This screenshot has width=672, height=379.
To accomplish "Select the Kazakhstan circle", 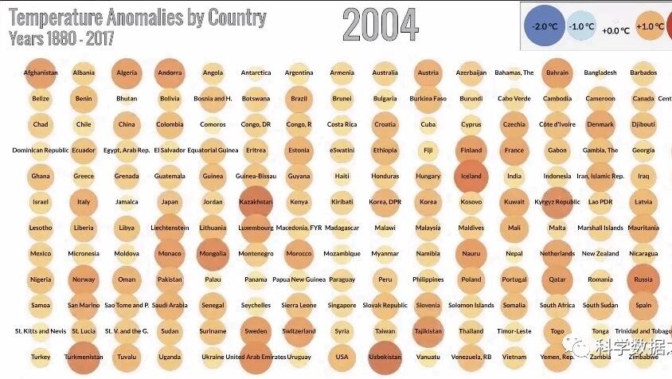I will coord(256,201).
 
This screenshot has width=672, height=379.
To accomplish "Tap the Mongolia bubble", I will coord(213,254).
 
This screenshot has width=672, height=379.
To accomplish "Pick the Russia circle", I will coord(643,279).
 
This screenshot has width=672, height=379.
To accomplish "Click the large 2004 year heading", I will coord(380,25).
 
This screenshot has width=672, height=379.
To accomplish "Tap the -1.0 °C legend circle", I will coord(582,26).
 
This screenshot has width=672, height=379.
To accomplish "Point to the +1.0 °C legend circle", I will coord(650,26).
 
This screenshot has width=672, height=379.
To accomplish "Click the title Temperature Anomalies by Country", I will coord(137,17).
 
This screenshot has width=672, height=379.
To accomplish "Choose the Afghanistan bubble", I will coord(41,72).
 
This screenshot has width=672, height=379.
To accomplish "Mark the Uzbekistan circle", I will coord(385,357).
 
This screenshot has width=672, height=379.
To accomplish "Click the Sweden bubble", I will coord(256,331).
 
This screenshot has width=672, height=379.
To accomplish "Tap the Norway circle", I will coord(84,279).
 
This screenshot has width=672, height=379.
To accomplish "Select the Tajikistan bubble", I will coord(428,331).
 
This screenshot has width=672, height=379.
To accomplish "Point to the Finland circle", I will coord(471,150).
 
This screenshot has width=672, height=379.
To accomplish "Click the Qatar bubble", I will coord(557,279).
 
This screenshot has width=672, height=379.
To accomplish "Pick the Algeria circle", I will coord(127,72).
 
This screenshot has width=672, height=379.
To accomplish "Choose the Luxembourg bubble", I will coord(256,228).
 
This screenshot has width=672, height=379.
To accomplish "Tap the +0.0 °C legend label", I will coord(615,30).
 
